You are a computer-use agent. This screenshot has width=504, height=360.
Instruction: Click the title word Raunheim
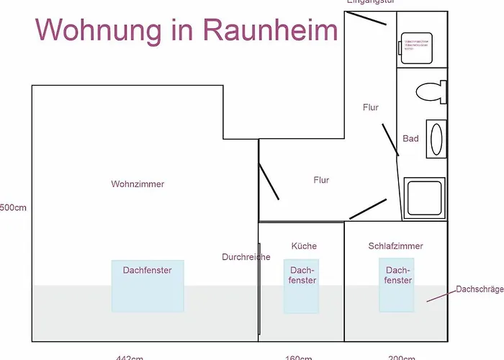(x=271, y=30)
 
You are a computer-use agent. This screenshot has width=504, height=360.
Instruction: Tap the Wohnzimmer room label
(x=138, y=184)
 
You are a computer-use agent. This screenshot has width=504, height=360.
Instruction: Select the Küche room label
(x=304, y=246)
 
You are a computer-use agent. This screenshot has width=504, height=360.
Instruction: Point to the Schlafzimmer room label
(x=395, y=246)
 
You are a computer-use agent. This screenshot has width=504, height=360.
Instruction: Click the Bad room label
(x=410, y=139)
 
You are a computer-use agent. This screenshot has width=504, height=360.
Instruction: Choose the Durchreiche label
(x=246, y=257)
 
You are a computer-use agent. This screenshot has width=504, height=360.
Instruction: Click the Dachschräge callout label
(x=480, y=289)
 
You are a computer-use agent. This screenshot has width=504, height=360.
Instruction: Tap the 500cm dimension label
(x=13, y=208)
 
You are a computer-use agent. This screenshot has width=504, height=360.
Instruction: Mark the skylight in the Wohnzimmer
(x=148, y=286)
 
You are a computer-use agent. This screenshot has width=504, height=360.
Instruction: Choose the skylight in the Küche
(x=301, y=286)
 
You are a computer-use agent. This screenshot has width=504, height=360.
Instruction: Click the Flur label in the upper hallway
(x=371, y=108)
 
